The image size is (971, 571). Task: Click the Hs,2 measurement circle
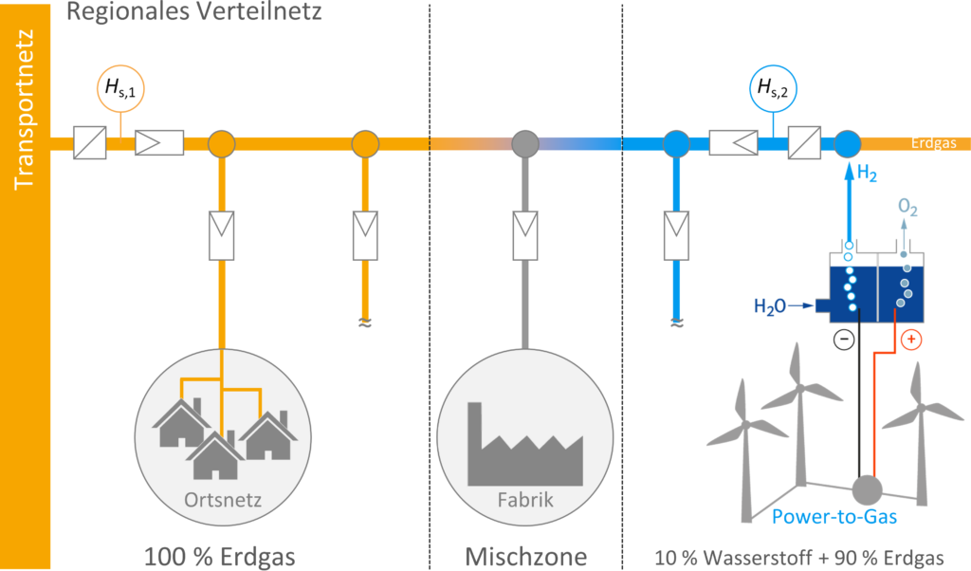[774, 89]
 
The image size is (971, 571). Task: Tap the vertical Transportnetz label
[25, 110]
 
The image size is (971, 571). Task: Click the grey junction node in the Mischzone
[524, 144]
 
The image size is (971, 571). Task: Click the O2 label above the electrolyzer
[907, 208]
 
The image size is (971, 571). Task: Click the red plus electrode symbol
[910, 339]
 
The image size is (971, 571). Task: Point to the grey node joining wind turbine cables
[866, 489]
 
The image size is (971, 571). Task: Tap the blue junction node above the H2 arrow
[847, 144]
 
